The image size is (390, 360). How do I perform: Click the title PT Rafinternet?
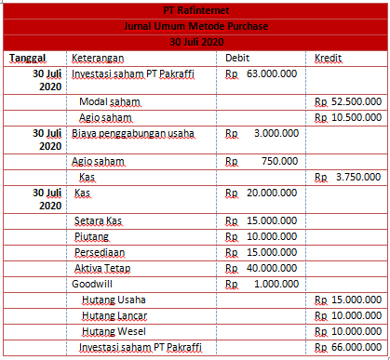pos(195,9)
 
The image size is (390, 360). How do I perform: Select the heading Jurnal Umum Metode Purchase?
pos(195,26)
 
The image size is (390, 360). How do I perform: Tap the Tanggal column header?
pos(28,59)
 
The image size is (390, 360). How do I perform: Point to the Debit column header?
pos(237,59)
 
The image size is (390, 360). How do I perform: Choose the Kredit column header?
pos(328,59)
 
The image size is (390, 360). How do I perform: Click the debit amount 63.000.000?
pos(273,73)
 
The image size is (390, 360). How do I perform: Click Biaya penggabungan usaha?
pos(133,133)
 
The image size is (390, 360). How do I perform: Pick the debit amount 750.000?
pos(280,161)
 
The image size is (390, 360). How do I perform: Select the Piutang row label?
pos(91,237)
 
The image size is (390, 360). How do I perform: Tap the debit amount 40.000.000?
pos(273,268)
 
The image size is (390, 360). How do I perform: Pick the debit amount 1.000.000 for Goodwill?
pos(276,284)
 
